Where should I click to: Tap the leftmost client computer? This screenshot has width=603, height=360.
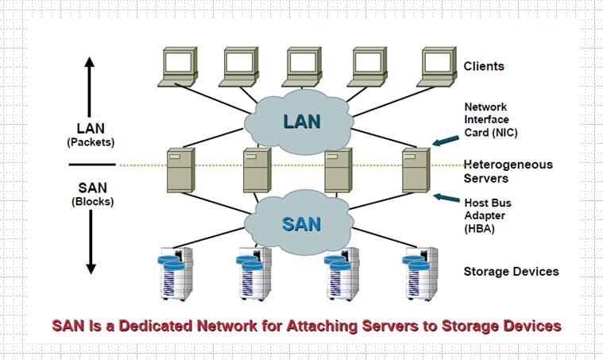coord(179,67)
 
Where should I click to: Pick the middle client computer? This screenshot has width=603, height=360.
coord(306,67)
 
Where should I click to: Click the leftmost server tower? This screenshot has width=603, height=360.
coord(180,169)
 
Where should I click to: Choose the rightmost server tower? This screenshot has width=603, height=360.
coord(415,169)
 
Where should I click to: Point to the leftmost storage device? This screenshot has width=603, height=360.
coord(176,273)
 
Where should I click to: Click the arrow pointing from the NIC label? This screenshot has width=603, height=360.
coord(446,141)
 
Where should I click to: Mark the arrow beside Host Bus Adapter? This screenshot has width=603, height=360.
coord(446,195)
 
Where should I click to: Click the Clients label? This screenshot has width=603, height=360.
coord(484,66)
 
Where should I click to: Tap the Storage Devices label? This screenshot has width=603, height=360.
coord(511,271)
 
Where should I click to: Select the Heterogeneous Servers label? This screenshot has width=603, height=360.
coord(508,170)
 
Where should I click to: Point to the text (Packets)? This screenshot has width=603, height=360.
coord(90,143)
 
